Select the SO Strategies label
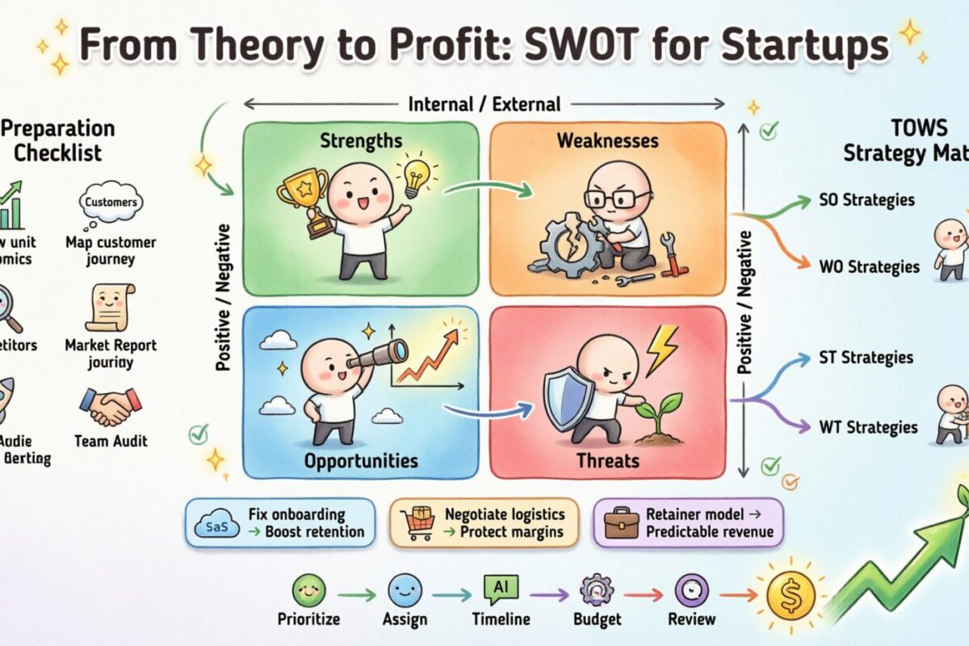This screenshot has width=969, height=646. tap(866, 200)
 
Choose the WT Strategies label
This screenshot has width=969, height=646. tap(867, 427)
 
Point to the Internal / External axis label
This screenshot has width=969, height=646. tap(484, 103)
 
